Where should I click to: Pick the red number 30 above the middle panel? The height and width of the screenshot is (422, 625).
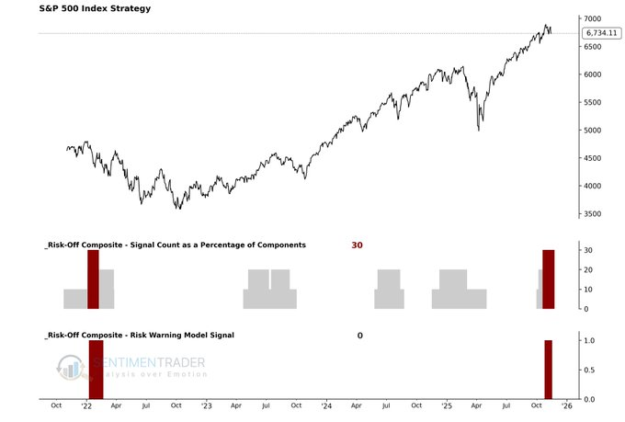pos(357,245)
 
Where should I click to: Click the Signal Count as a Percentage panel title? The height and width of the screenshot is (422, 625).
pos(175,245)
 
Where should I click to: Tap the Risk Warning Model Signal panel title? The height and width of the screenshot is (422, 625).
pos(138,336)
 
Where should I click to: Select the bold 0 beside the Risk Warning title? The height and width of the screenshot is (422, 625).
pos(360,336)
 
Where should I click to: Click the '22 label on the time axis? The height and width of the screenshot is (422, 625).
pos(86,405)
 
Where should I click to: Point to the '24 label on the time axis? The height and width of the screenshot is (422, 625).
pos(327,405)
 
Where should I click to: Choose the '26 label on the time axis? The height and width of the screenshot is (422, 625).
pos(566,405)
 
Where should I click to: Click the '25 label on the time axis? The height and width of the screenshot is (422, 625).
pos(447,405)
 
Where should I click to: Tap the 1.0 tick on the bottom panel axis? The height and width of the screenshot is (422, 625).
pos(589,341)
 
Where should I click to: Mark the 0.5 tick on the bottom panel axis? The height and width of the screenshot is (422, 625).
pos(589,371)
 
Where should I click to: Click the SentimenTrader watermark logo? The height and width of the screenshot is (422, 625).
pos(129,367)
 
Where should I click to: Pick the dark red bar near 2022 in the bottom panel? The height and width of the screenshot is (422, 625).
pos(96,370)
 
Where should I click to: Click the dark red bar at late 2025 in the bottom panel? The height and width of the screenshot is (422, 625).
pos(548,370)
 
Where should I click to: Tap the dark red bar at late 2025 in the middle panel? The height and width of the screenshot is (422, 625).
pos(549,279)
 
